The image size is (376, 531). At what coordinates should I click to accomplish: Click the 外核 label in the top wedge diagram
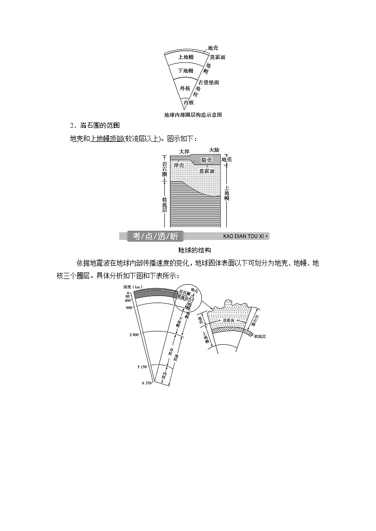(x=185, y=88)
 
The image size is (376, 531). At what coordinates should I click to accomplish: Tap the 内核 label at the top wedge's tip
(x=189, y=103)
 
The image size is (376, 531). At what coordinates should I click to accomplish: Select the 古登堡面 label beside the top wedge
(x=209, y=82)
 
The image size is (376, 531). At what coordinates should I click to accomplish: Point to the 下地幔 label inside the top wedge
(x=185, y=71)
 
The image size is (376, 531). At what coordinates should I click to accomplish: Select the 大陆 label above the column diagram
(x=214, y=149)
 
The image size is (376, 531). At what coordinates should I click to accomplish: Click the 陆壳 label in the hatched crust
(x=206, y=161)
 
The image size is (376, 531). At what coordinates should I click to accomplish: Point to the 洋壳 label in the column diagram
(x=179, y=165)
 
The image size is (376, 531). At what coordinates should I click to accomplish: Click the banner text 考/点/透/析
(x=155, y=236)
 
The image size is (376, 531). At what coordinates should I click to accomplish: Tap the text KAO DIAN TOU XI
(x=242, y=236)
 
